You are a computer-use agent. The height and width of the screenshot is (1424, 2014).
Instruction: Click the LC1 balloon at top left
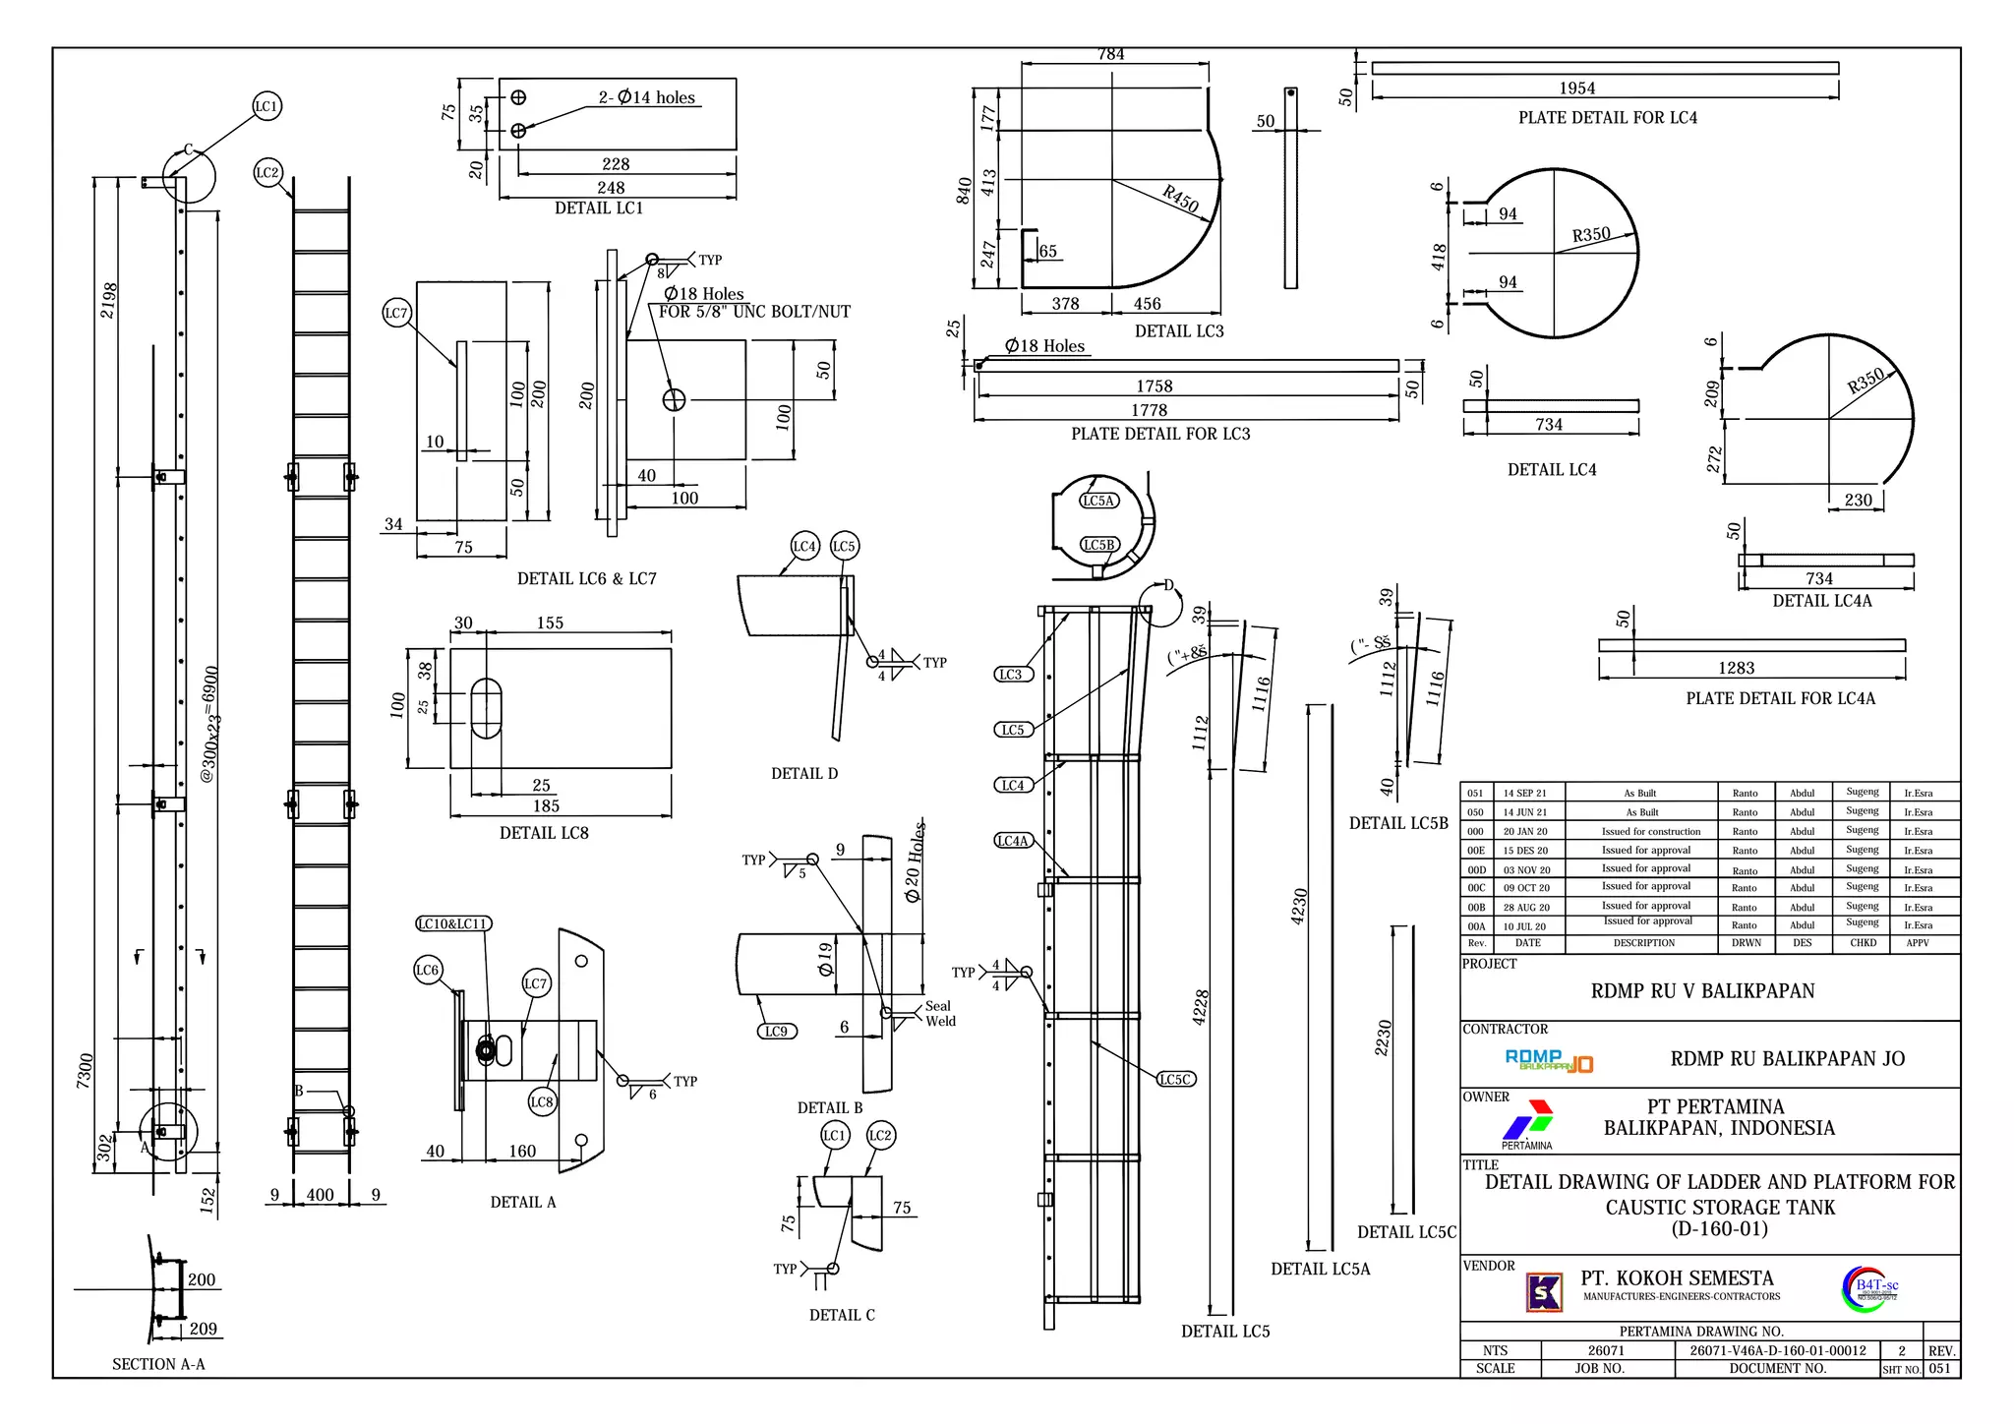point(267,106)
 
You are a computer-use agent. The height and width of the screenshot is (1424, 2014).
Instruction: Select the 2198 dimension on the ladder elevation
point(109,300)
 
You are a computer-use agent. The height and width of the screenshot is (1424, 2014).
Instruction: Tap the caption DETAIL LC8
point(544,833)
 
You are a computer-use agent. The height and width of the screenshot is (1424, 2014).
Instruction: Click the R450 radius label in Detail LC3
point(1180,199)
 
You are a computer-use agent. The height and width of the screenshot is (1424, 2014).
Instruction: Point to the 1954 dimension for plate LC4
point(1576,89)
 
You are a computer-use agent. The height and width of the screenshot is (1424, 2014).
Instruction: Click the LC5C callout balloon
point(1176,1079)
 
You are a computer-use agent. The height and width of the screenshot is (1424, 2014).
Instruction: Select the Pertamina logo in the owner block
point(1527,1122)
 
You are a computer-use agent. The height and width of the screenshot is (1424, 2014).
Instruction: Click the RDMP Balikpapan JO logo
point(1549,1060)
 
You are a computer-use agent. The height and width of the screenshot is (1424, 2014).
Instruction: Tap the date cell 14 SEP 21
point(1524,793)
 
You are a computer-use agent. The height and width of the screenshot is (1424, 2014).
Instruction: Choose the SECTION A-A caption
point(158,1364)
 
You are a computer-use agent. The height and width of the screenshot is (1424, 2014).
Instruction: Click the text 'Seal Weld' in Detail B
point(939,1014)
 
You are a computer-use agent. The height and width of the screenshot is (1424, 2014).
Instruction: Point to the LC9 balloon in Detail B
point(776,1031)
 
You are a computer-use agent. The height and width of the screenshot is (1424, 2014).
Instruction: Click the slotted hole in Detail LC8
point(486,708)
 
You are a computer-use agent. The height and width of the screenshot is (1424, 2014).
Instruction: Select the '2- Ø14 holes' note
point(646,97)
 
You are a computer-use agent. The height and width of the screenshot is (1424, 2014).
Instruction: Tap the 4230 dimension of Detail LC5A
point(1299,907)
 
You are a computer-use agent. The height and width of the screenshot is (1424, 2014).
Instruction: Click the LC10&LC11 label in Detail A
point(452,923)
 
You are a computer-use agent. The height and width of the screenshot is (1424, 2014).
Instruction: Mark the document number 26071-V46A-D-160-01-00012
point(1777,1350)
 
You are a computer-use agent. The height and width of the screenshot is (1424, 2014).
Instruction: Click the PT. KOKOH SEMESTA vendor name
point(1677,1278)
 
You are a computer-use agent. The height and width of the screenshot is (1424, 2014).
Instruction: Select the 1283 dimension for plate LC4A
point(1736,668)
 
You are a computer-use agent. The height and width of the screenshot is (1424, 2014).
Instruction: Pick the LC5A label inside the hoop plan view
point(1098,501)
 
